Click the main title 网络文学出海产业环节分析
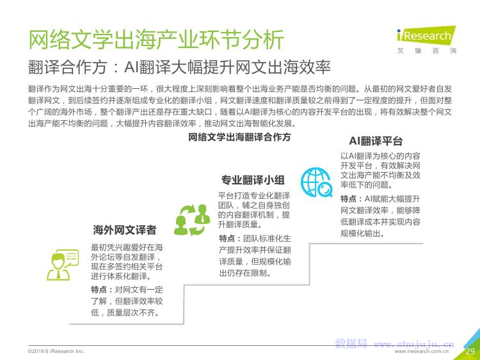pyautogui.click(x=156, y=39)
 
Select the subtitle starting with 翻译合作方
pyautogui.click(x=179, y=67)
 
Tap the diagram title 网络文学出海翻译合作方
pyautogui.click(x=239, y=137)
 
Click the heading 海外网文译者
pyautogui.click(x=125, y=230)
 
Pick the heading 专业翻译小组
pyautogui.click(x=253, y=180)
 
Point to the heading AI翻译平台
pyautogui.click(x=376, y=141)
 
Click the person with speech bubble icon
pyautogui.click(x=62, y=265)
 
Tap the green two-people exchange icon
pyautogui.click(x=192, y=220)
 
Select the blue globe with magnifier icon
pyautogui.click(x=317, y=182)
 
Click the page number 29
pyautogui.click(x=470, y=351)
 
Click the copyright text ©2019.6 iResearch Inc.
pyautogui.click(x=56, y=351)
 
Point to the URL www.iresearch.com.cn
pyautogui.click(x=422, y=352)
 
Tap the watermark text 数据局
pyautogui.click(x=351, y=343)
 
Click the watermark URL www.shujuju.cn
pyautogui.click(x=414, y=344)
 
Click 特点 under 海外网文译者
pyautogui.click(x=99, y=290)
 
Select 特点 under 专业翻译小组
pyautogui.click(x=227, y=239)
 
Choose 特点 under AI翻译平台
pyautogui.click(x=348, y=199)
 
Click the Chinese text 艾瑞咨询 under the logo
pyautogui.click(x=427, y=51)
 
